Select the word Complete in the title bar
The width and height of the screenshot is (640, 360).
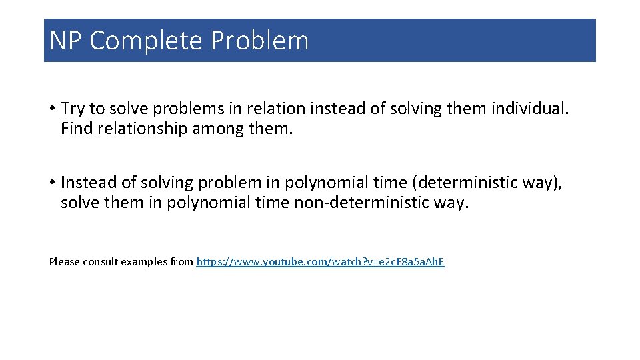[146, 41]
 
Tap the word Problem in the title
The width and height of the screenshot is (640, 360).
[260, 41]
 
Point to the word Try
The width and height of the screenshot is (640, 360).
[72, 109]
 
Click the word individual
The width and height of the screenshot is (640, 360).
[530, 109]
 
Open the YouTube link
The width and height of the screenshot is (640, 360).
[320, 262]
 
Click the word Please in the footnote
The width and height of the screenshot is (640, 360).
[64, 262]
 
